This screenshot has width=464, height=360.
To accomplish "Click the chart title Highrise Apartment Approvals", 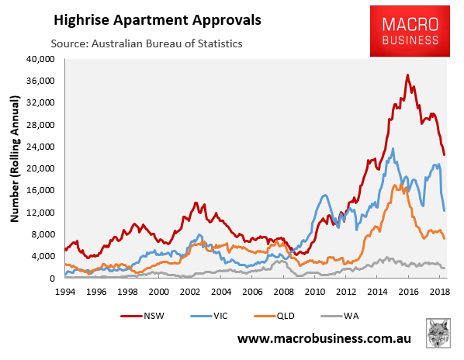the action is click(158, 21).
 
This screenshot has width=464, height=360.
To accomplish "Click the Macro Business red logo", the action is click(410, 31).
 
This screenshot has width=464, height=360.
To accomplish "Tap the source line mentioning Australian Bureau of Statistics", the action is click(147, 43).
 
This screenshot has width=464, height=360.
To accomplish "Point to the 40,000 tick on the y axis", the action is click(40, 59).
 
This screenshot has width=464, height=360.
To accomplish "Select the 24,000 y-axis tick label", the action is click(40, 147).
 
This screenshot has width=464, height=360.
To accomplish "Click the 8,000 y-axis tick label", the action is click(43, 234).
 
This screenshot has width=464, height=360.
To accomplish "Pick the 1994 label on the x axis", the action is click(65, 292).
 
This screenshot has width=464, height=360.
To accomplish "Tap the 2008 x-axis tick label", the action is click(283, 292).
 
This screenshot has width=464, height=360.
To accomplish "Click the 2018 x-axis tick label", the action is click(439, 292).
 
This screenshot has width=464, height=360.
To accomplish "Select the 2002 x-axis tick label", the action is click(190, 292).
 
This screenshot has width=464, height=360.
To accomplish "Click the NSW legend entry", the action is click(142, 316).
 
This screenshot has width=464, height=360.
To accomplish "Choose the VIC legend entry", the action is click(209, 316).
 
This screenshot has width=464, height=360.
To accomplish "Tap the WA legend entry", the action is click(340, 316).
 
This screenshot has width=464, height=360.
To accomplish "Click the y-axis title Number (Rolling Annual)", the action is click(14, 159).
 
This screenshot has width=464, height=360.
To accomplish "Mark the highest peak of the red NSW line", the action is click(408, 75).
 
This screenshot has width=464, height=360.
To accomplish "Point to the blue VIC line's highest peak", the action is click(393, 149).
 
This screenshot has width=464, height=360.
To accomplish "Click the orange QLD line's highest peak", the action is click(400, 185).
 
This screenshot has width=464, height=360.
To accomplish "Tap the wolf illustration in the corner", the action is click(438, 333).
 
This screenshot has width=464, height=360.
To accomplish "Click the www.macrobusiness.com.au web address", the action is click(324, 339).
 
